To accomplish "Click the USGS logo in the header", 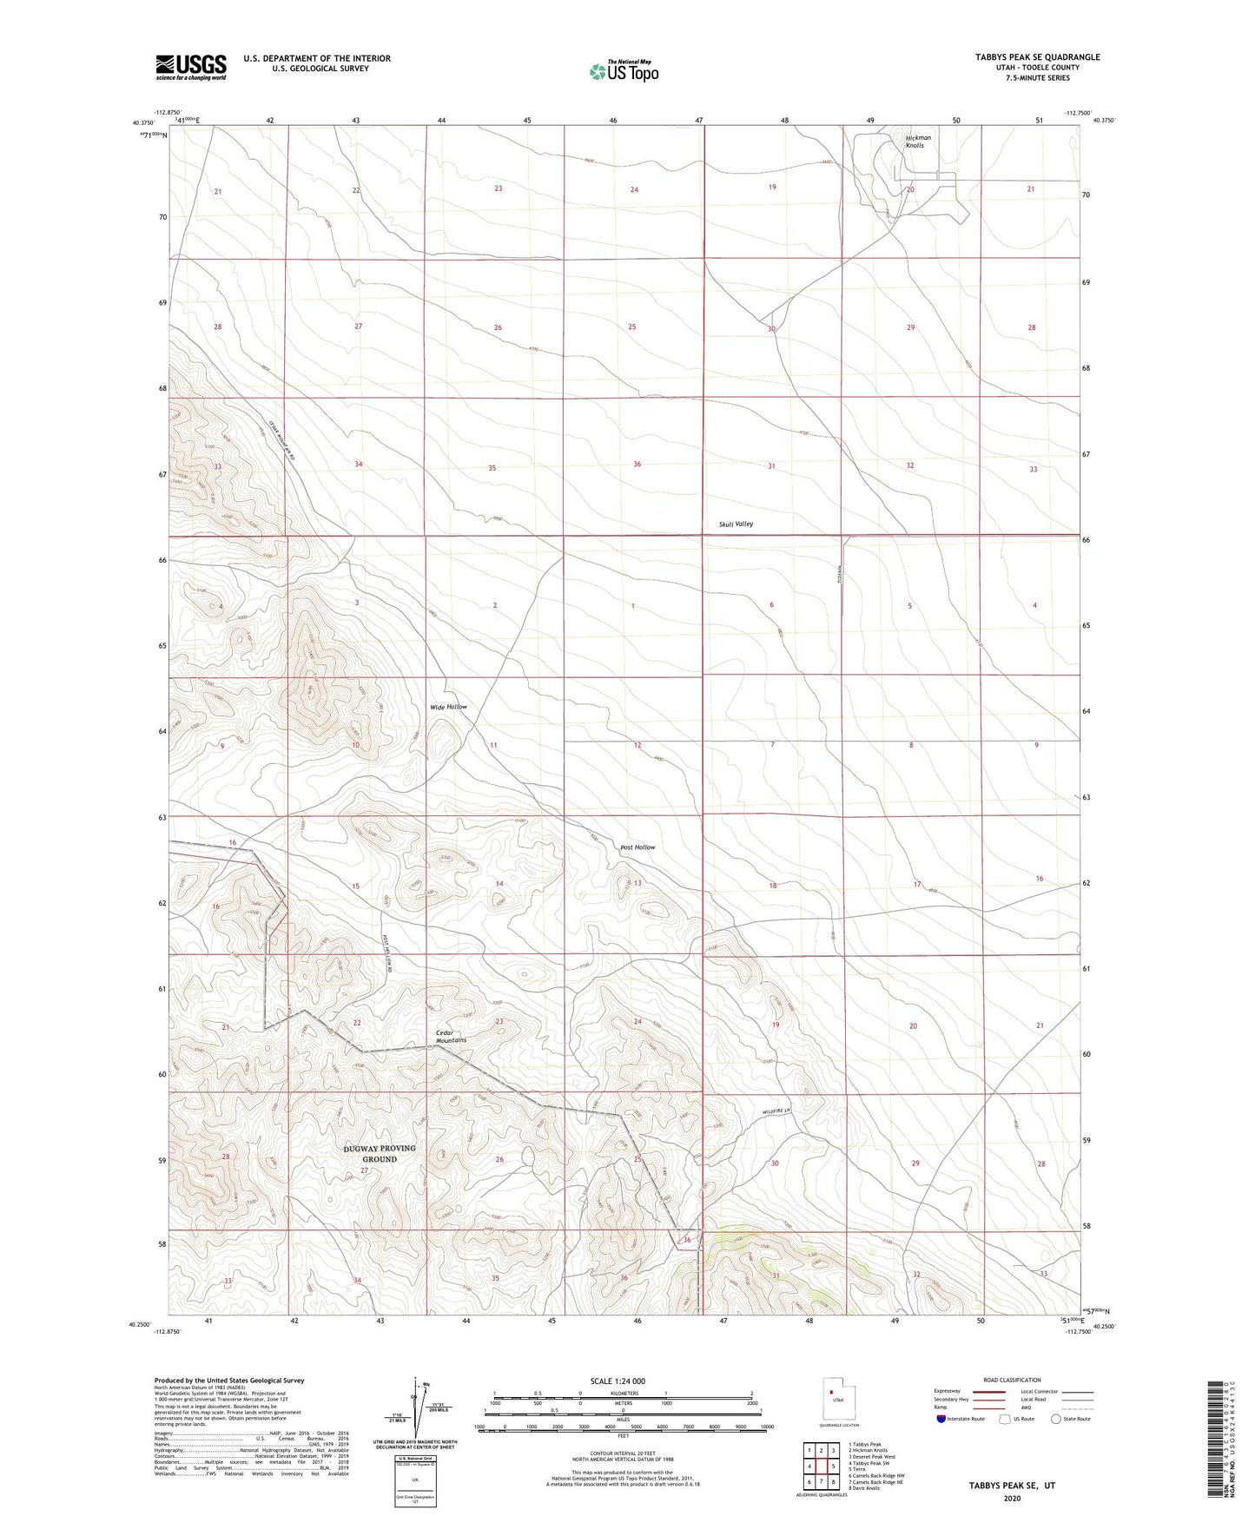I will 191,66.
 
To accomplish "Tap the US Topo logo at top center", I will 624,70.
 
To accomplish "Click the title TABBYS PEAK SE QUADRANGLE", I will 1037,57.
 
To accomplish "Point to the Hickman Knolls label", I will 917,142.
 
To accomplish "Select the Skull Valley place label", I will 736,524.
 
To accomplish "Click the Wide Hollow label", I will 448,707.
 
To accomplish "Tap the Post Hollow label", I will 637,847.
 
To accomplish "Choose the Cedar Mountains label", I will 451,1036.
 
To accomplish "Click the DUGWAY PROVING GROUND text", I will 380,1153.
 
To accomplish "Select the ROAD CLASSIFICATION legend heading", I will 1012,1380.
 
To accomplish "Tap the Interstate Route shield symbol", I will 941,1419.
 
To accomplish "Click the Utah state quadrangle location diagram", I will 838,1401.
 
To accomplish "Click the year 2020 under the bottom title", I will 1012,1499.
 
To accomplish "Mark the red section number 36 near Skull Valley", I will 637,465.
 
